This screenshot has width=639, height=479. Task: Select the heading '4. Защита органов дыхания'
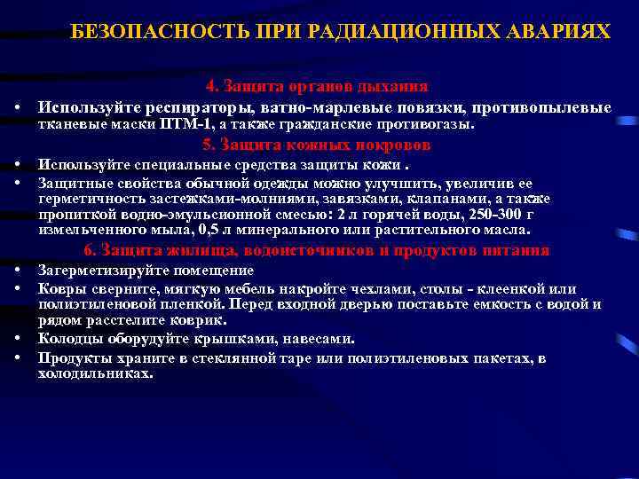(317, 87)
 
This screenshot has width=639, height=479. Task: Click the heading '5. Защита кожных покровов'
(317, 145)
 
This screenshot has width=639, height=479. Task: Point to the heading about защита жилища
(317, 250)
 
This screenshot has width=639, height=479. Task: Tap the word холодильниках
(96, 373)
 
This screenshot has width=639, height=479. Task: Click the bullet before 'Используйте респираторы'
(18, 107)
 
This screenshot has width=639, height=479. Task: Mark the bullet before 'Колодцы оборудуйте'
(18, 339)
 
